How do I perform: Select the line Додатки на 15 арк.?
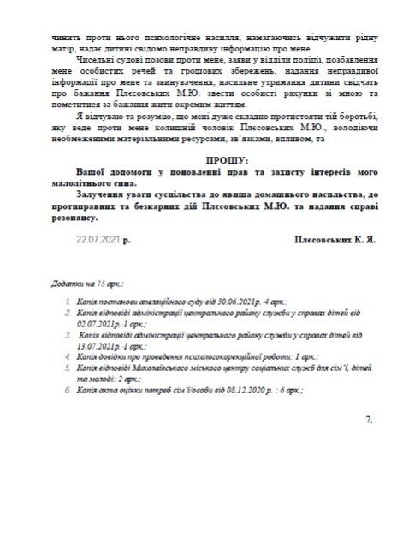(x=87, y=281)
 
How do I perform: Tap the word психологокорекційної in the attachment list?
(x=209, y=356)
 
